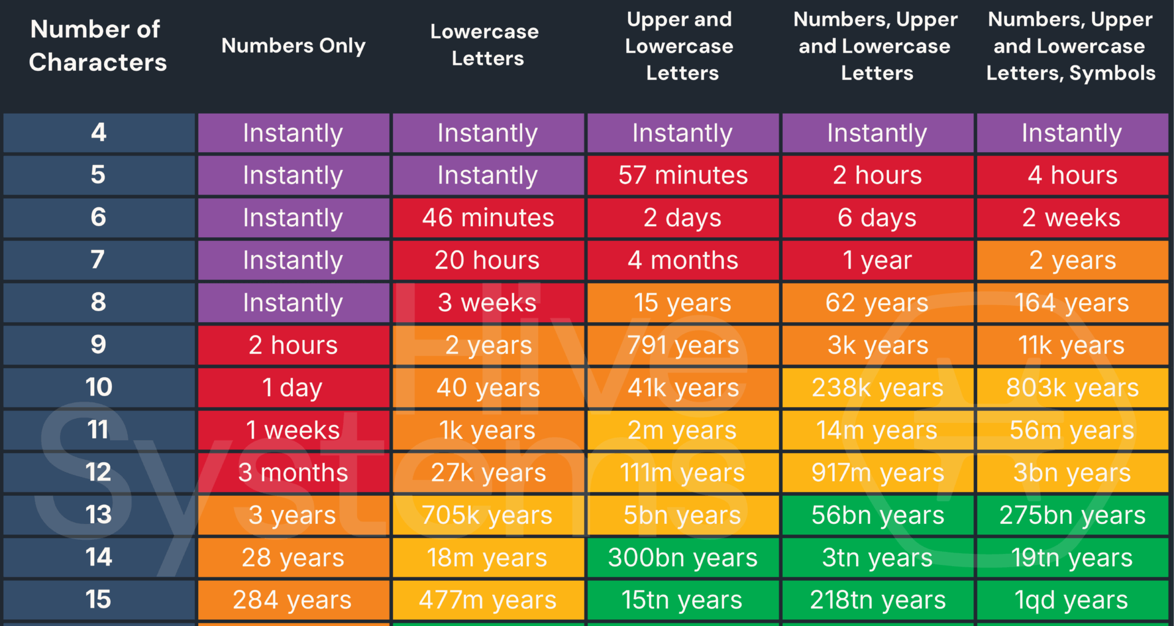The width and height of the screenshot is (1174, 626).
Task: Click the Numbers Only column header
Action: [x=293, y=46]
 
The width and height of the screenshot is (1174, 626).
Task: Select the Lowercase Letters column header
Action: [x=487, y=45]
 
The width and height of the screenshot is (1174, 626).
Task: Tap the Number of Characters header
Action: [x=98, y=46]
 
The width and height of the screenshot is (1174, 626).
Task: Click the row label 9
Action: [x=98, y=345]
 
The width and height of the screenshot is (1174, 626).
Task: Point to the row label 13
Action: [x=98, y=515]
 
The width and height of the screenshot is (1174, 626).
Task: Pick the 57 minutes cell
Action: [x=683, y=175]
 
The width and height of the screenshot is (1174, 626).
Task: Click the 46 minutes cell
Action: [x=488, y=218]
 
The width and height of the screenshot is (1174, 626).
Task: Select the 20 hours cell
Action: [x=488, y=260]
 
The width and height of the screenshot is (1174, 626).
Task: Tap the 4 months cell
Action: [x=683, y=260]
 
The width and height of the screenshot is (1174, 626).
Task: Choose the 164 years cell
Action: [x=1072, y=303]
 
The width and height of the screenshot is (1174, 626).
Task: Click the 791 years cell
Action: [x=683, y=345]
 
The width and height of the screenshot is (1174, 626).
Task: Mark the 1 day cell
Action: [x=293, y=388]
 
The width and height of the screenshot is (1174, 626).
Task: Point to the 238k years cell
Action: [x=877, y=388]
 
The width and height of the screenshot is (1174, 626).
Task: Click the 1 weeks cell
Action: [x=293, y=430]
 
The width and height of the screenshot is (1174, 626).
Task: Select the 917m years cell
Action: [x=877, y=473]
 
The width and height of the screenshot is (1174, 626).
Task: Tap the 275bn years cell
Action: [x=1072, y=515]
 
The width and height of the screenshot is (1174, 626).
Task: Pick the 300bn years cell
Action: [x=683, y=558]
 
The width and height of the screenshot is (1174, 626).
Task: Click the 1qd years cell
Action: [x=1072, y=600]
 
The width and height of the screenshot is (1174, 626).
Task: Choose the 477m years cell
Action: [x=488, y=600]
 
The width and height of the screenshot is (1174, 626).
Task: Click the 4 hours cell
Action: [x=1072, y=175]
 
